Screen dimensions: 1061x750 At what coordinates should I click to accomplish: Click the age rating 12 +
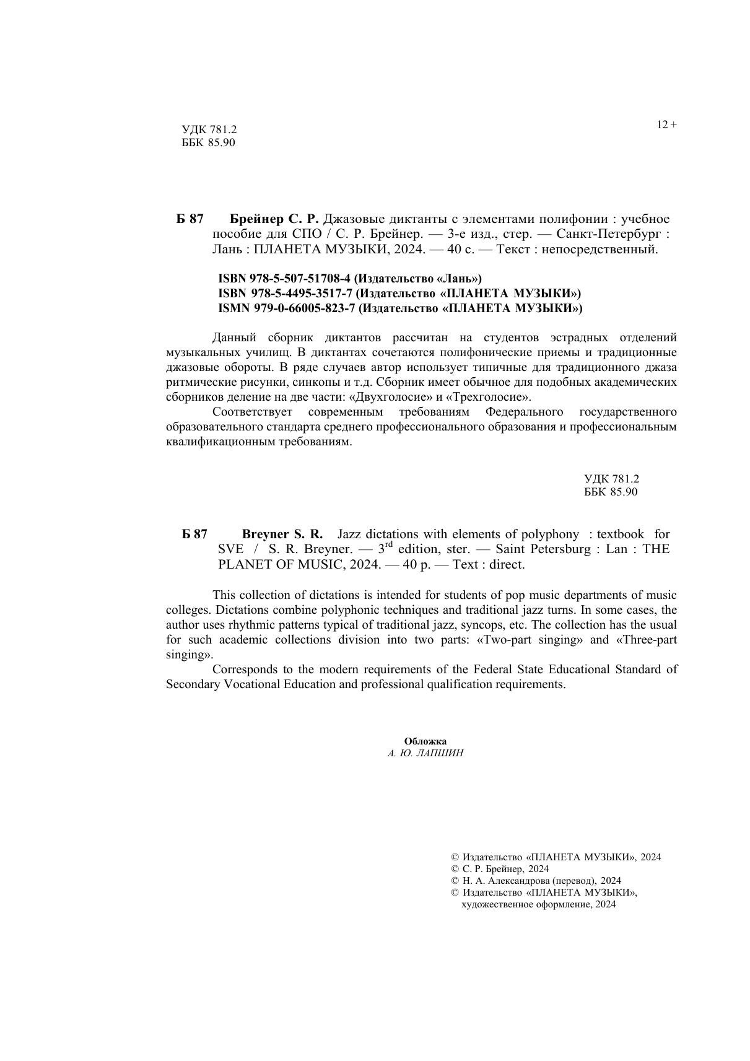[x=666, y=125]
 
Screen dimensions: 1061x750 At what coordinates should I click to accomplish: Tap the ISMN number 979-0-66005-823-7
[x=302, y=308]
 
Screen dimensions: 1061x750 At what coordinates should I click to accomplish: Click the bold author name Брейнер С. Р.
[x=274, y=219]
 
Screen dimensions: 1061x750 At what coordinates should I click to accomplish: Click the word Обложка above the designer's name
[x=425, y=741]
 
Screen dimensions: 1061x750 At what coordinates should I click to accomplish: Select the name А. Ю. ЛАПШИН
[x=425, y=753]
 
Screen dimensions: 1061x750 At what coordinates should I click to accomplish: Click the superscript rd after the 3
[x=390, y=545]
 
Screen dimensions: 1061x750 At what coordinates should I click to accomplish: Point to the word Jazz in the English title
[x=350, y=535]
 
